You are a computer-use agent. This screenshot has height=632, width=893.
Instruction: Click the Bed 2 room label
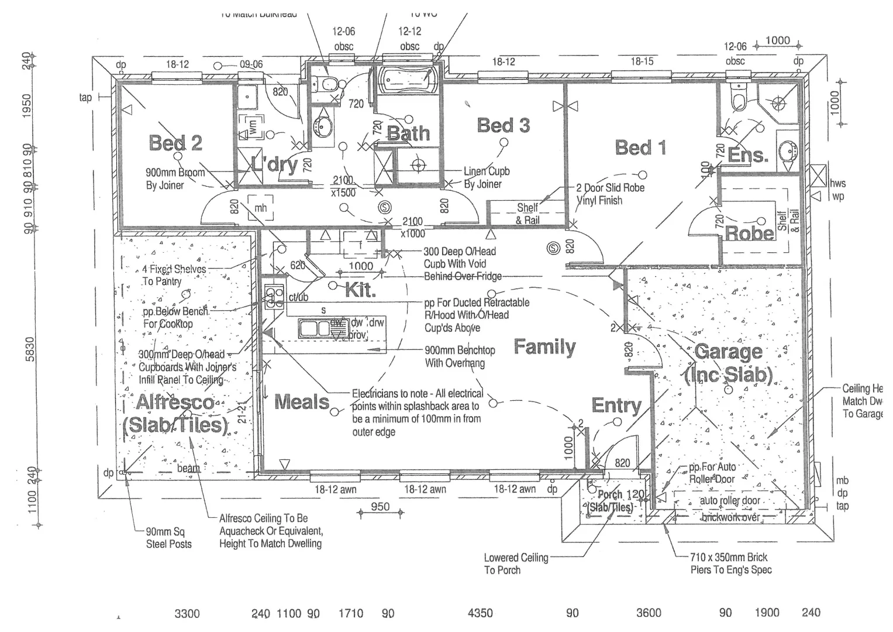coord(175,143)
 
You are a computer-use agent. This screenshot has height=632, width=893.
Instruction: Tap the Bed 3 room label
coord(504,125)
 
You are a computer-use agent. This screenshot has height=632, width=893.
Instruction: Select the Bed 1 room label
coord(640,147)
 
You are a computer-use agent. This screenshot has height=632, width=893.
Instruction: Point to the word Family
coord(544,347)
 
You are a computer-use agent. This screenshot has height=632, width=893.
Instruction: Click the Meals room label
coord(302,402)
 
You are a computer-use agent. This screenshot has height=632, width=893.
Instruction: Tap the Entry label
coord(616,405)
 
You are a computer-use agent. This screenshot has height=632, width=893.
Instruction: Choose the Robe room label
coord(750,233)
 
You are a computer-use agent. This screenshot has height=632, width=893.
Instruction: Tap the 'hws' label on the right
coord(838,183)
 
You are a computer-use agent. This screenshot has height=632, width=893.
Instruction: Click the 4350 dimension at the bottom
coord(480,613)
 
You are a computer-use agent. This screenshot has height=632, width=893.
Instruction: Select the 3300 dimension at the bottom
coord(187,613)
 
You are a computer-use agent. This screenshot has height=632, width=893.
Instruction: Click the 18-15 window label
coord(642,61)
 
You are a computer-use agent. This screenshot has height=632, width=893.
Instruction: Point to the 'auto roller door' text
coord(730,501)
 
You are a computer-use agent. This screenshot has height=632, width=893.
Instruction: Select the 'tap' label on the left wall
coord(85,97)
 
